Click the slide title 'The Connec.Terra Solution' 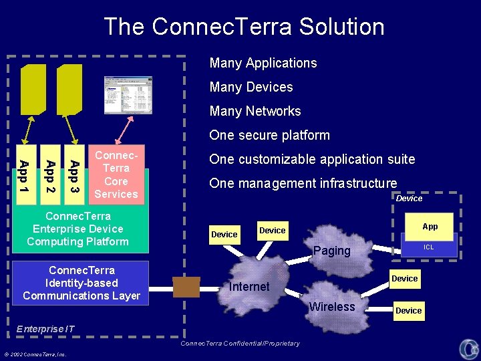[x=244, y=27]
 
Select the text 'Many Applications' [x=263, y=64]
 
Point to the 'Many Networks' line [x=255, y=112]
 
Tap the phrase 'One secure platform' [x=269, y=136]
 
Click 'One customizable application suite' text [x=312, y=160]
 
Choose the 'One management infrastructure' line [x=303, y=184]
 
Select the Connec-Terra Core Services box [x=116, y=174]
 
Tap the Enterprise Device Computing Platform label [x=78, y=229]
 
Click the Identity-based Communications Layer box [x=82, y=283]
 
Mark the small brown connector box [x=186, y=287]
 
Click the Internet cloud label [x=249, y=287]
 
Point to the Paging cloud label [x=332, y=251]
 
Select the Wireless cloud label [x=332, y=307]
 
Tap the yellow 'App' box [x=430, y=227]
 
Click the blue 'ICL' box [x=429, y=247]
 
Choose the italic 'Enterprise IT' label [x=45, y=329]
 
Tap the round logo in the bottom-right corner [x=468, y=348]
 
